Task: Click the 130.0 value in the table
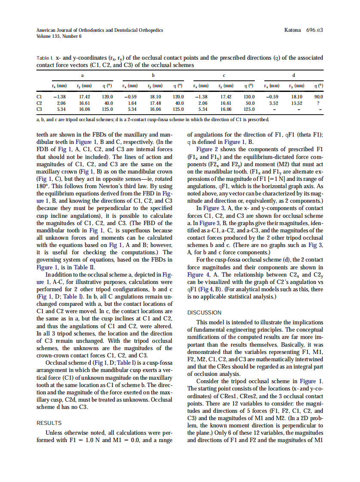tap(249, 97)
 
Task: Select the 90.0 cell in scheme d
tap(319, 97)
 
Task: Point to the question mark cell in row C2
tap(318, 103)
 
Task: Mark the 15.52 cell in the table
tap(296, 103)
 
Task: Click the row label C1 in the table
tap(40, 97)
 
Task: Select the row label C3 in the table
tap(40, 109)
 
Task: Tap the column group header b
tap(153, 76)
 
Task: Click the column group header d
tap(294, 76)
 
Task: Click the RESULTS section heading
tap(49, 423)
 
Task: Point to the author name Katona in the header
tap(293, 31)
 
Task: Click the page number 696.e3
tap(314, 31)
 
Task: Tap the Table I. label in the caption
tap(44, 58)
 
